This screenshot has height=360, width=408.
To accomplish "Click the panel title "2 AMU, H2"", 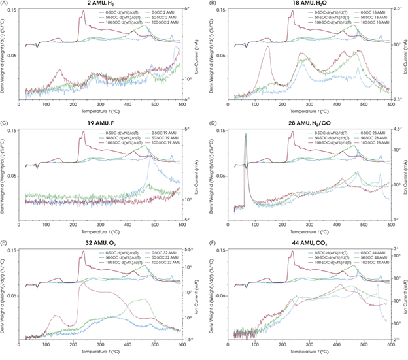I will click(101, 5).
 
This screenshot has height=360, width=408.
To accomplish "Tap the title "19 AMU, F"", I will click(101, 123).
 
